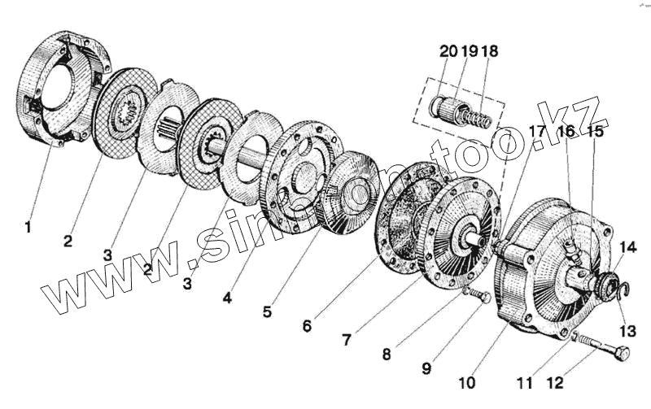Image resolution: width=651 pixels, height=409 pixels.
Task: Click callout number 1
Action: pyautogui.click(x=28, y=228)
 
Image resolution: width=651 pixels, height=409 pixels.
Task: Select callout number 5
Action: pyautogui.click(x=268, y=311)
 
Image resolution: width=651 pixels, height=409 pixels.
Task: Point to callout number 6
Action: pyautogui.click(x=306, y=325)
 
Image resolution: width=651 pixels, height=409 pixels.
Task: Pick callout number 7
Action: pyautogui.click(x=347, y=340)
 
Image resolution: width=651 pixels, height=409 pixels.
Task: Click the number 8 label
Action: pyautogui.click(x=388, y=354)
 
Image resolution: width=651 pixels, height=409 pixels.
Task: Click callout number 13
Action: pyautogui.click(x=627, y=330)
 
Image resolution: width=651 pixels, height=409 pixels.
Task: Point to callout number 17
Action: pyautogui.click(x=536, y=131)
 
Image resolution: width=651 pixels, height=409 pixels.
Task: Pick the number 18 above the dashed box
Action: pyautogui.click(x=490, y=51)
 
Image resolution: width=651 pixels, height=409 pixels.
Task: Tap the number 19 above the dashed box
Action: pyautogui.click(x=470, y=51)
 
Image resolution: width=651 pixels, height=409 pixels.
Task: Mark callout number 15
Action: pyautogui.click(x=596, y=131)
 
